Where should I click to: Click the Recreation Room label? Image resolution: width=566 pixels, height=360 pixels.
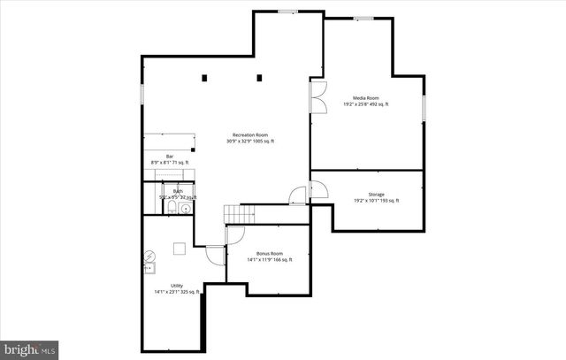click(x=250, y=134)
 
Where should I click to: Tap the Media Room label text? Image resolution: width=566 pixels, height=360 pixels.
click(x=366, y=98)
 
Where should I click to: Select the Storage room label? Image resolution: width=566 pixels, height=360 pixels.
click(x=376, y=194)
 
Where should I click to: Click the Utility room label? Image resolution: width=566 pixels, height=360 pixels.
click(x=177, y=285)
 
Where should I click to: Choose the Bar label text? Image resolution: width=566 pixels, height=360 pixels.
click(x=170, y=157)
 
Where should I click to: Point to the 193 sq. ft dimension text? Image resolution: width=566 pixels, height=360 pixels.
click(x=389, y=201)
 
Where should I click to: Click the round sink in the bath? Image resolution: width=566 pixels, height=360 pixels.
click(x=185, y=209)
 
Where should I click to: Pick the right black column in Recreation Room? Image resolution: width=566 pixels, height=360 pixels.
click(x=260, y=78)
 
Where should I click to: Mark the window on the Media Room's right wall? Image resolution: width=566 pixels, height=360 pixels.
click(x=424, y=108)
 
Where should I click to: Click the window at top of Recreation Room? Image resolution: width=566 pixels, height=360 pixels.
click(x=287, y=11)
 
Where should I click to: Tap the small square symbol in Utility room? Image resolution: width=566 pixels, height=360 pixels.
click(x=179, y=249)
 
